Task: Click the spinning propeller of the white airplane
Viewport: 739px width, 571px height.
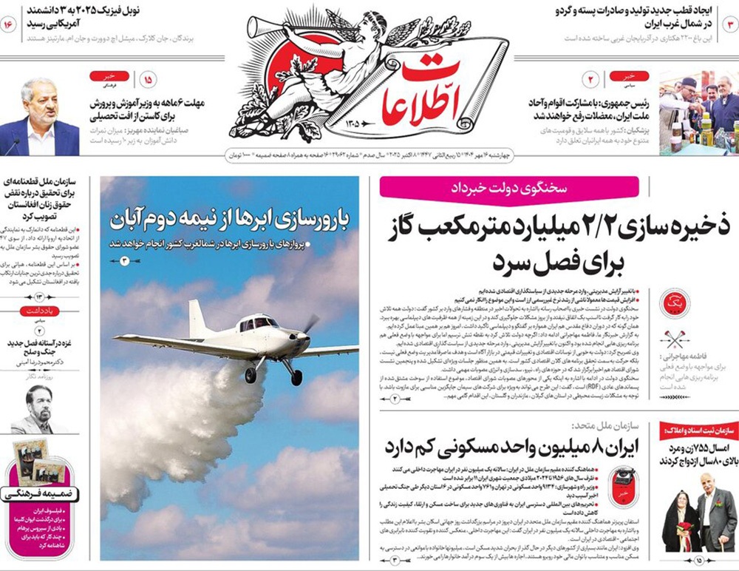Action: (310, 326)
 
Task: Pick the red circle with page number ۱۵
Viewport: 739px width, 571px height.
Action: (148, 79)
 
